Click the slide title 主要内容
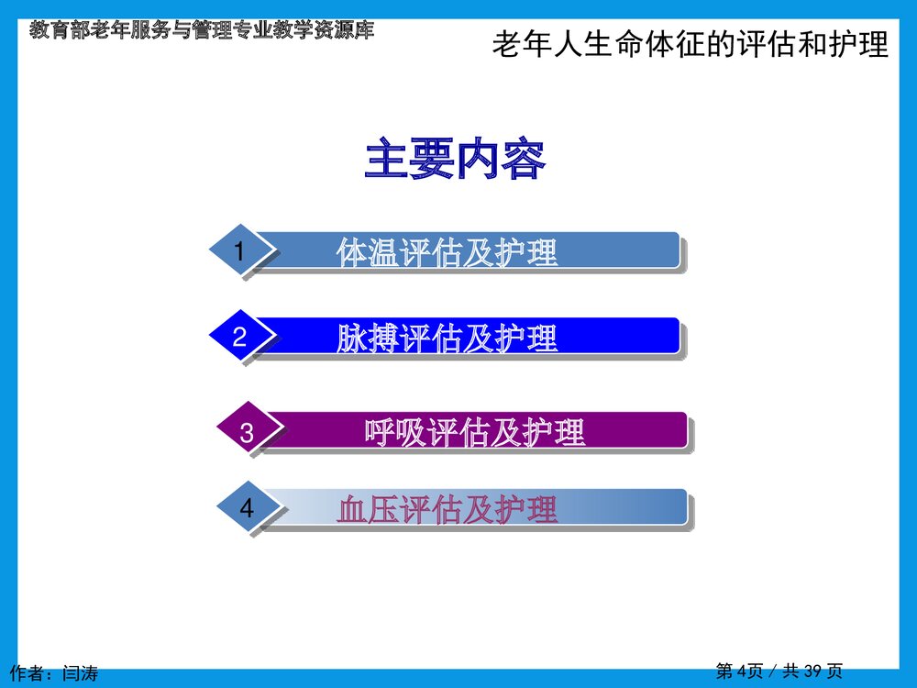tap(456, 160)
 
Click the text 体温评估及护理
tap(447, 252)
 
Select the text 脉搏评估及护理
tap(447, 338)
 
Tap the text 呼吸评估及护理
tap(475, 432)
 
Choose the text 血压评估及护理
tap(447, 509)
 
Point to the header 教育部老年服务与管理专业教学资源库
tap(202, 30)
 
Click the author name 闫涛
tap(81, 673)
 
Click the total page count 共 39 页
tap(812, 671)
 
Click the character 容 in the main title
tap(524, 160)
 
